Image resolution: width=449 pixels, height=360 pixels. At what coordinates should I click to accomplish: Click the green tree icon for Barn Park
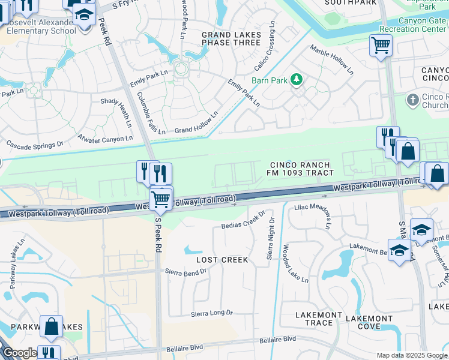point(296,79)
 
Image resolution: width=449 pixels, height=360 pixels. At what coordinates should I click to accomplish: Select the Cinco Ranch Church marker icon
point(412,100)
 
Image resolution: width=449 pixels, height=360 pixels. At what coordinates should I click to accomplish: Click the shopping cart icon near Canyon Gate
point(381,45)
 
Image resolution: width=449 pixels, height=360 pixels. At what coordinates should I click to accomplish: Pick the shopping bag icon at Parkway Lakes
point(52,326)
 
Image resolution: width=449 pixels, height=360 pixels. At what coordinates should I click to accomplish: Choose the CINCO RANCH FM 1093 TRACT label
point(300,169)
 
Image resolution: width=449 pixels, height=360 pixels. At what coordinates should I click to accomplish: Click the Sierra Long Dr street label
point(211,313)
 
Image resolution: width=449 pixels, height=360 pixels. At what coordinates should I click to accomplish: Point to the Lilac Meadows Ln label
point(312,215)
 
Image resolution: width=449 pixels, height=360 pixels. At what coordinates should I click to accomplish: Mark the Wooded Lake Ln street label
point(295,263)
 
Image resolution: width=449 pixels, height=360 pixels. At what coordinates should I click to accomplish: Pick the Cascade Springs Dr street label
point(34,145)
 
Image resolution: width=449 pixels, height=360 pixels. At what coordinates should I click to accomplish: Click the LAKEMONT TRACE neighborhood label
point(315,319)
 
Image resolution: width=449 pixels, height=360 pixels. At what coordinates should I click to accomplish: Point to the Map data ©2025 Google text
point(411,355)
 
